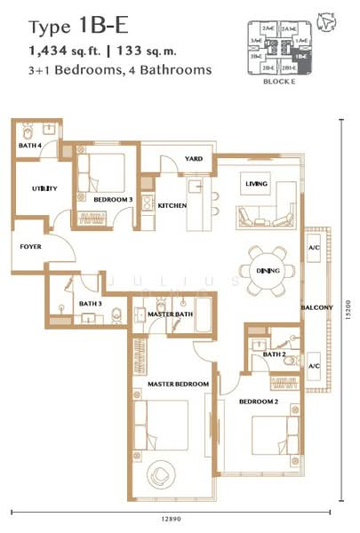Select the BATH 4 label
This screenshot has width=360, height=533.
coord(31,146)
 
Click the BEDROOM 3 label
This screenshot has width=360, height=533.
coord(113,200)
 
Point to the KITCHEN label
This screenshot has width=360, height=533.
coord(172,205)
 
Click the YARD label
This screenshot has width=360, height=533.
coord(194,159)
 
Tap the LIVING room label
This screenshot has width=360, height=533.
coord(257,184)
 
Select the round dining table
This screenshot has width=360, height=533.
coord(268,270)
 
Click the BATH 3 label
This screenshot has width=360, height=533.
coord(91,304)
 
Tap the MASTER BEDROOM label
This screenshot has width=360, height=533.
coord(171,384)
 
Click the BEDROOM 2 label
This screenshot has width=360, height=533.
coord(259,401)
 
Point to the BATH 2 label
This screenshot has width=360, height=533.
coord(274,355)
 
